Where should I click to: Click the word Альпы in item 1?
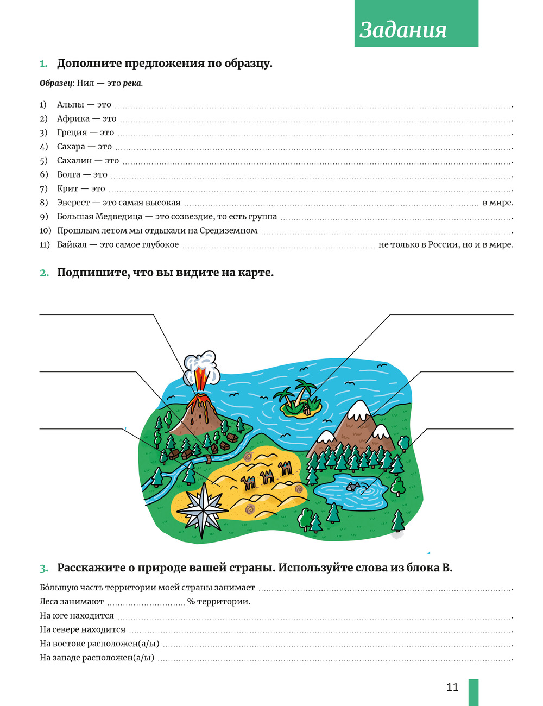[71, 105]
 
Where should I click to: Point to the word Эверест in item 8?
[73, 203]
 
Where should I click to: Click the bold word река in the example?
[132, 84]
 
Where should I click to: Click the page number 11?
[452, 687]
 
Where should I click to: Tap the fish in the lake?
[353, 487]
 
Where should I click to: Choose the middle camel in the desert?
[266, 477]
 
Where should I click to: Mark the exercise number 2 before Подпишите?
[44, 273]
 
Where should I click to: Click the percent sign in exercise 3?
[191, 602]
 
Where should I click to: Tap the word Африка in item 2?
[73, 119]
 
